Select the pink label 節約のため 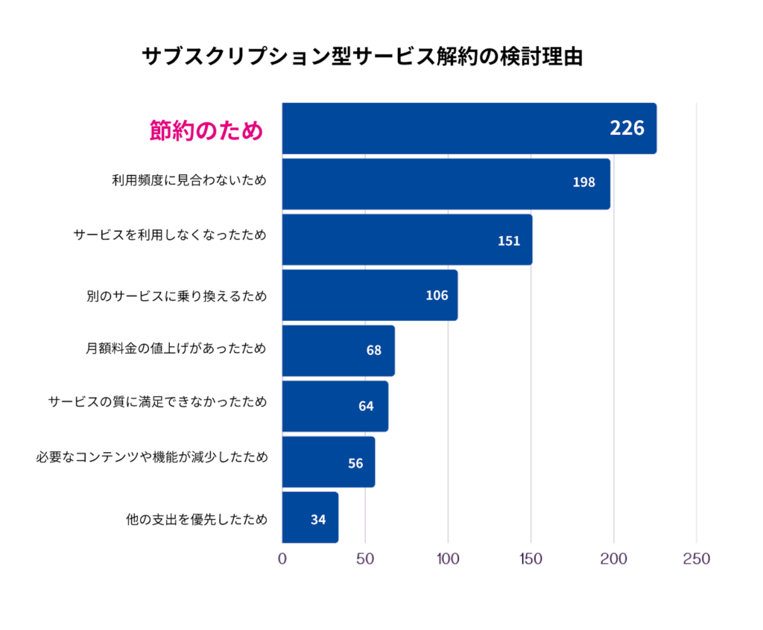pos(206,130)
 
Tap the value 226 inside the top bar pos(627,128)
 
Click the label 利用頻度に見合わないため pos(189,181)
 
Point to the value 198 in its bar pos(583,182)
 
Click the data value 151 pos(508,241)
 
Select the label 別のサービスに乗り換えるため pos(177,295)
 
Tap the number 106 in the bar pos(437,296)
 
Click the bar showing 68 pos(338,351)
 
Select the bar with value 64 pos(335,407)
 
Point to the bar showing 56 pos(328,462)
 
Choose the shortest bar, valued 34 pos(309,518)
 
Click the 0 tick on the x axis pos(282,559)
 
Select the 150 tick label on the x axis pos(531,559)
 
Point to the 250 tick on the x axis pos(696,559)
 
